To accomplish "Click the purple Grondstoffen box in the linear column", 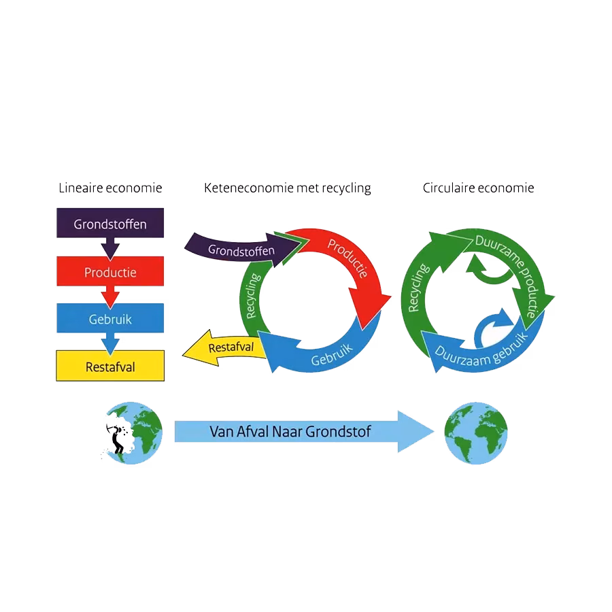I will [x=109, y=223].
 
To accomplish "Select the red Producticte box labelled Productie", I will [x=109, y=272].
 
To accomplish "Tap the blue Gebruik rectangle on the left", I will [x=109, y=319].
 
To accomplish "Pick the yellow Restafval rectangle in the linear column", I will [x=109, y=367].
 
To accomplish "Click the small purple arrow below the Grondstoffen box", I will [x=109, y=246].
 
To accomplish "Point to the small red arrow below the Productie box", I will [x=109, y=294].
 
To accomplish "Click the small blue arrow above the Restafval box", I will [x=109, y=341].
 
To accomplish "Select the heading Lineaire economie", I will [x=110, y=188].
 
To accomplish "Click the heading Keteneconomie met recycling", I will [x=287, y=188].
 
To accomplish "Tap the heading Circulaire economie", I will [x=478, y=188].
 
